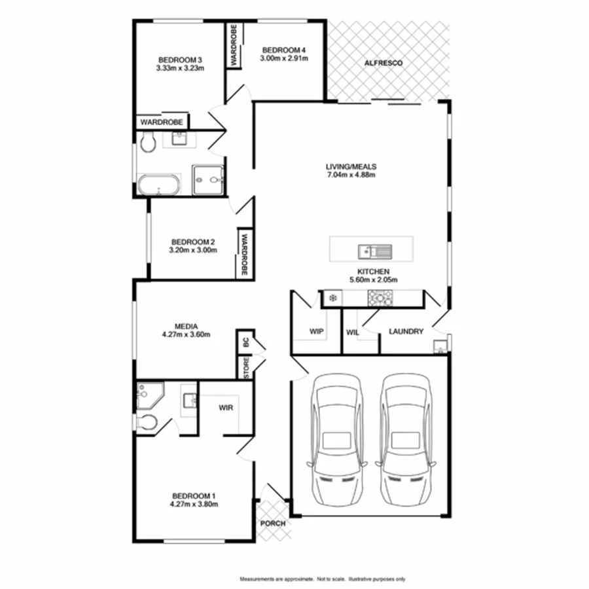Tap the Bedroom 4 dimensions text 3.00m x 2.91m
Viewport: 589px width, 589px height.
pyautogui.click(x=284, y=58)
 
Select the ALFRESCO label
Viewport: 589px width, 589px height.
pyautogui.click(x=384, y=63)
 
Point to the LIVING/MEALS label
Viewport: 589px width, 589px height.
pyautogui.click(x=351, y=166)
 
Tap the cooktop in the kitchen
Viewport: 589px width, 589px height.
pyautogui.click(x=379, y=298)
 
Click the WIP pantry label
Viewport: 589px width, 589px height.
pyautogui.click(x=317, y=332)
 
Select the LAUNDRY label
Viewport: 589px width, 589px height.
pyautogui.click(x=406, y=332)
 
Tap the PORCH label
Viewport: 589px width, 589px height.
pyautogui.click(x=272, y=524)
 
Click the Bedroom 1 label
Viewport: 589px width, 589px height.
pyautogui.click(x=194, y=495)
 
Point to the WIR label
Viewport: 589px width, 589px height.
pyautogui.click(x=226, y=407)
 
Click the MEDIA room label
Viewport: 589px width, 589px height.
pyautogui.click(x=186, y=326)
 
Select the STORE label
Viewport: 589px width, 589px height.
pyautogui.click(x=245, y=368)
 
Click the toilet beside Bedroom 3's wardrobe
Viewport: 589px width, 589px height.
pyautogui.click(x=147, y=142)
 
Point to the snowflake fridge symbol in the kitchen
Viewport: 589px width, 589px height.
pyautogui.click(x=332, y=298)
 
